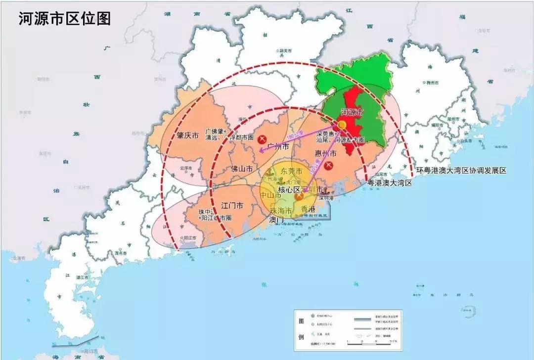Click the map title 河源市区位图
coord(64,18)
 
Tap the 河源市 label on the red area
coord(353,112)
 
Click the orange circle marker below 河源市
coord(342,125)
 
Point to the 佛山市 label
coord(242,169)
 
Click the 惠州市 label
coord(325,154)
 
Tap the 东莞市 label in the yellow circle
coord(291,171)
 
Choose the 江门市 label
coord(232,205)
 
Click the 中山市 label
coord(270,196)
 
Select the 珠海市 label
coord(280,211)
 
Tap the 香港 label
coord(308,209)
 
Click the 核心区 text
coord(289,190)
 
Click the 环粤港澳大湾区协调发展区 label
coord(461,171)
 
